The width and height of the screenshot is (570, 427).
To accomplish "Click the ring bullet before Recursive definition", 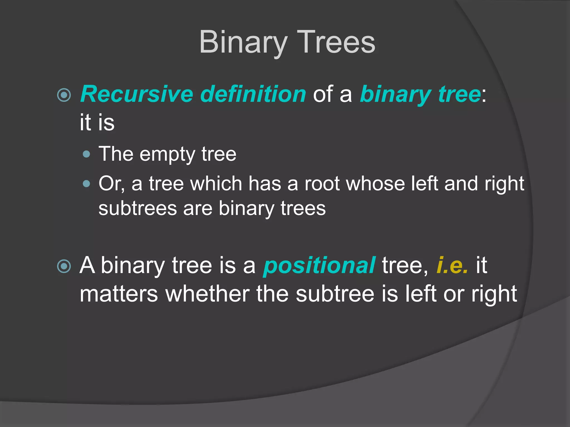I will (64, 95).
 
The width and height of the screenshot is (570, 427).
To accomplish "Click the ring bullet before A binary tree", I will (64, 266).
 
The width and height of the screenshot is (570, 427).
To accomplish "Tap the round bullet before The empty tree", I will (87, 154).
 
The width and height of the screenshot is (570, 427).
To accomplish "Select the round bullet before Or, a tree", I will (87, 184).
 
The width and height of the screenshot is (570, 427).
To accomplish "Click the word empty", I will (167, 155).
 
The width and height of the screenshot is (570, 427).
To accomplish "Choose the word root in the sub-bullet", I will (322, 184).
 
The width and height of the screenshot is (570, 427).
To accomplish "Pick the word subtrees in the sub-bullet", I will (138, 208).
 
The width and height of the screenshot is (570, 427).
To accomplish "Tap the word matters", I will (119, 294).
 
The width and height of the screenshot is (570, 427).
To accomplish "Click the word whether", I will (207, 294).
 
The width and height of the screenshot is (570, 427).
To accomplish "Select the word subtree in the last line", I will (335, 294).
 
